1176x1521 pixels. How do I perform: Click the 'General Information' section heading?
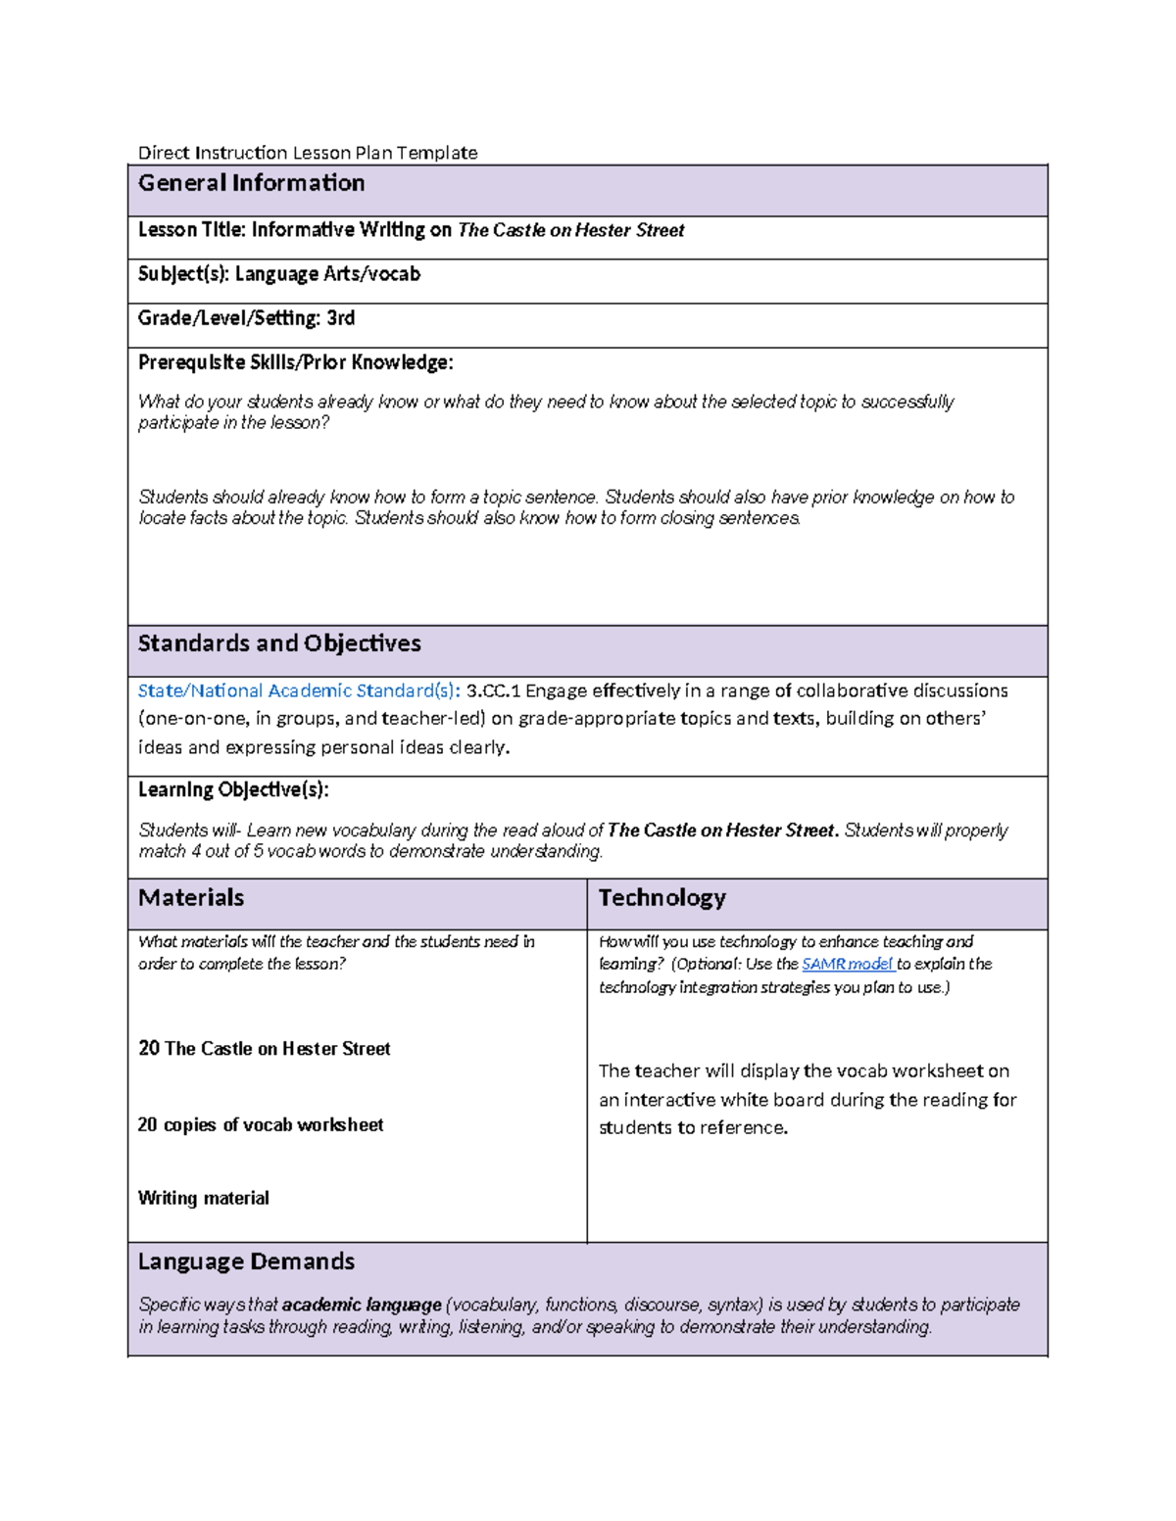[251, 183]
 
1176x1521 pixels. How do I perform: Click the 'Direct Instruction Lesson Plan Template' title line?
[308, 153]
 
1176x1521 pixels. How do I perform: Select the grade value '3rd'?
[340, 318]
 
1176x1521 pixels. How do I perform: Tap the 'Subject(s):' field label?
[183, 274]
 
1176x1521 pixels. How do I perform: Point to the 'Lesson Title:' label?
[192, 230]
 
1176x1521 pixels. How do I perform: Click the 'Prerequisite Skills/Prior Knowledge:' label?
[295, 362]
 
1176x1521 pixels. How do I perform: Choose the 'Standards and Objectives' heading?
[279, 643]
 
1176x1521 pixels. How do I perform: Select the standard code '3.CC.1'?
[493, 690]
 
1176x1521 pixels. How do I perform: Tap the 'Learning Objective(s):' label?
[233, 789]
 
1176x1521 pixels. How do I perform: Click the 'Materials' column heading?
[191, 898]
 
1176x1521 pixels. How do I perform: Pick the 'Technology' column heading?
[661, 898]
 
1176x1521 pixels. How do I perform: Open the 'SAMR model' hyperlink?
[847, 964]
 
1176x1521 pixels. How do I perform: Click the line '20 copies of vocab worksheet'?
[261, 1124]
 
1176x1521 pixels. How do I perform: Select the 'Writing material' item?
[203, 1198]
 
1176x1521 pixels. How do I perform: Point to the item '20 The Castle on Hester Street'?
[265, 1049]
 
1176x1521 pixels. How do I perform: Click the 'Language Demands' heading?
[246, 1261]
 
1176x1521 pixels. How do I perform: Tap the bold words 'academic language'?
[362, 1305]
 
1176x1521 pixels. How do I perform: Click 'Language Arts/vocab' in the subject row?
[327, 274]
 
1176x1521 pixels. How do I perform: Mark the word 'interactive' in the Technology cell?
[668, 1100]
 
